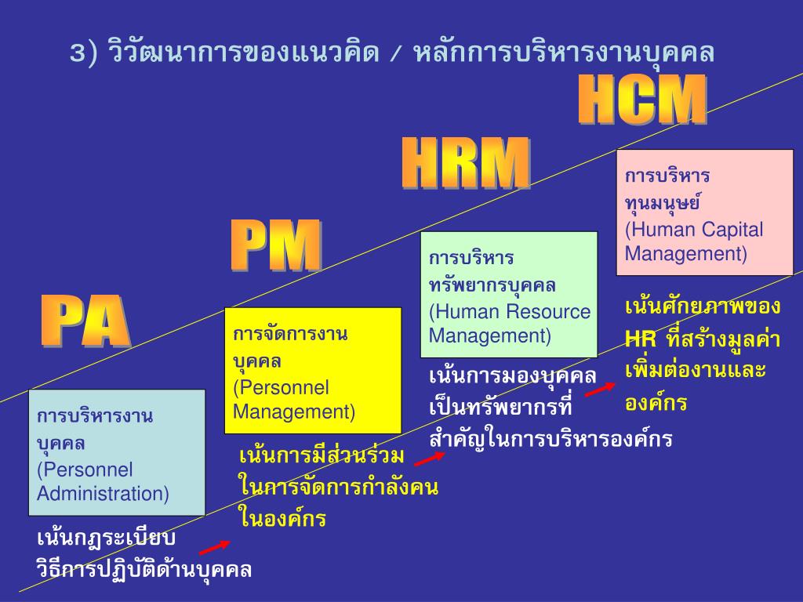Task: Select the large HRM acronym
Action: tap(466, 163)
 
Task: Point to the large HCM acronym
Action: tap(642, 100)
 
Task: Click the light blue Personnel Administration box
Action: tap(116, 452)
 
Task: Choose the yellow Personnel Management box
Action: tap(312, 370)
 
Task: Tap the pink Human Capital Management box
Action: tap(704, 212)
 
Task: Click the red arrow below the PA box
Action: tap(214, 546)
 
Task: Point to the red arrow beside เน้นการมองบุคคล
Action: tap(601, 389)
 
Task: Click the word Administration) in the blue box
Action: tap(103, 494)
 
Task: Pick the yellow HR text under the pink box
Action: tap(640, 339)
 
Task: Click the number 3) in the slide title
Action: tap(83, 53)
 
